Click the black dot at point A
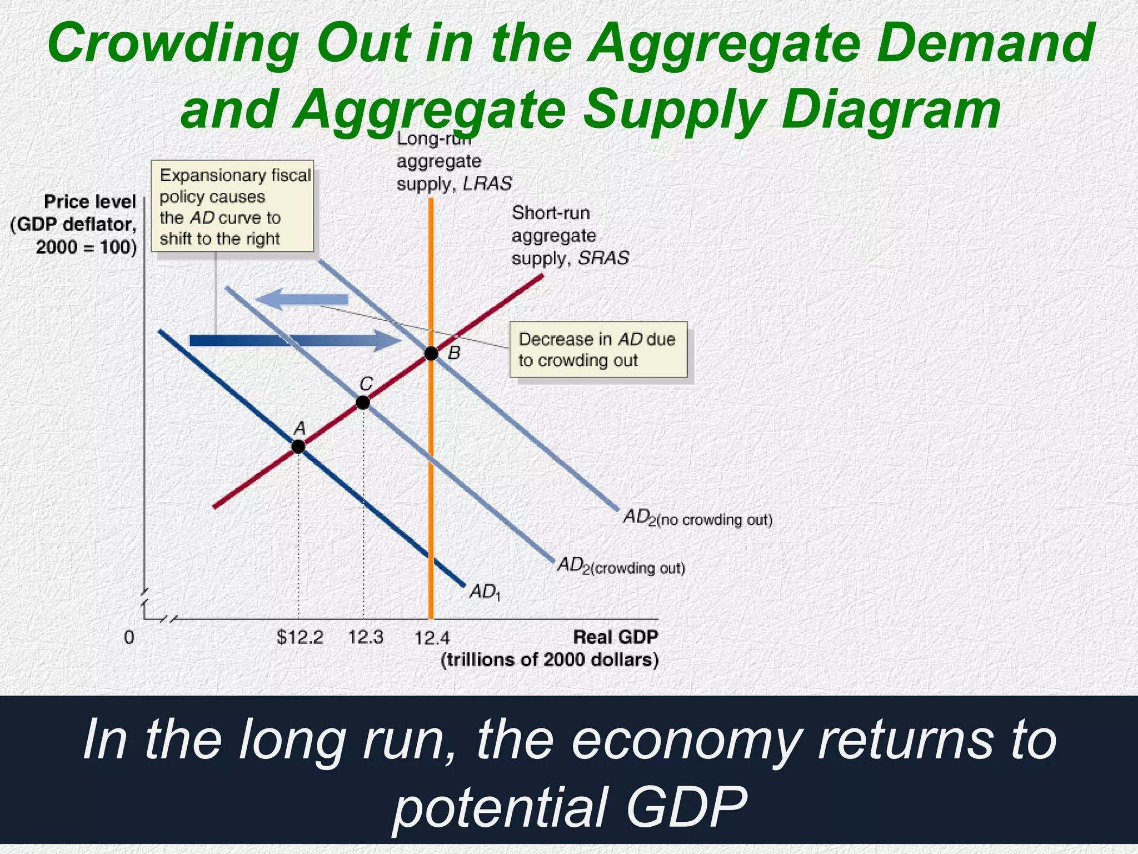[x=298, y=446]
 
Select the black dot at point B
[x=431, y=353]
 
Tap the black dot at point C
[x=362, y=402]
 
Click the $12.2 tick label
[x=300, y=637]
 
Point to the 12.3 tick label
[x=366, y=637]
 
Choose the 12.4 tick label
[x=432, y=637]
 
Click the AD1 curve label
[x=485, y=592]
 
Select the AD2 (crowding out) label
[x=621, y=567]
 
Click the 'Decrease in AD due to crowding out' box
[x=598, y=350]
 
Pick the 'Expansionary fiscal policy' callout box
[x=233, y=207]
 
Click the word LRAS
[x=487, y=184]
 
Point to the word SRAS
[x=603, y=259]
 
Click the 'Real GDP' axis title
[x=615, y=637]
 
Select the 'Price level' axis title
[x=90, y=202]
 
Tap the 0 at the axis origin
[x=129, y=637]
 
